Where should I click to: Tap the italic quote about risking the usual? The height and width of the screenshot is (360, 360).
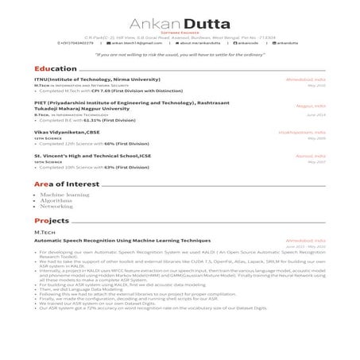180,55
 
